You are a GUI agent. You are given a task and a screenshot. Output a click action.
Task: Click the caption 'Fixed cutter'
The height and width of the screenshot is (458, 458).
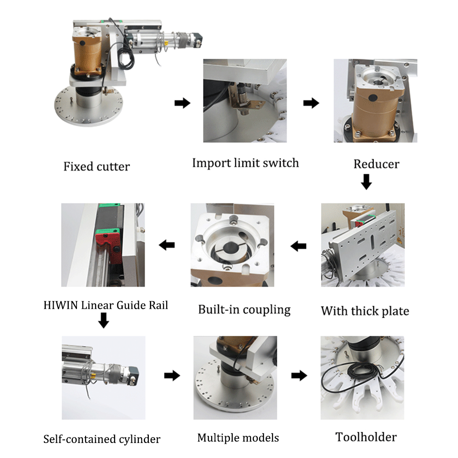96,166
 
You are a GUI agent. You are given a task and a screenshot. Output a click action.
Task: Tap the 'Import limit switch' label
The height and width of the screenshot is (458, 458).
245,163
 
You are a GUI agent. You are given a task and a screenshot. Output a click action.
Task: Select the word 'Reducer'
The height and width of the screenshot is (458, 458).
376,164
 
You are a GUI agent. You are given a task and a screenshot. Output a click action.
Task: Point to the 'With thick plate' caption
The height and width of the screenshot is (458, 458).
365,311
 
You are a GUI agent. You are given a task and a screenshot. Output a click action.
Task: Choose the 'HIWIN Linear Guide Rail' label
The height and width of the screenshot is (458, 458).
106,305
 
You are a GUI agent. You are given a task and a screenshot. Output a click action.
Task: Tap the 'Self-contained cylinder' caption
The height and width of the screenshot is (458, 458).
102,439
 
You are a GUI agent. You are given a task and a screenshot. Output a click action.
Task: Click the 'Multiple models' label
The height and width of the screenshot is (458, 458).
238,438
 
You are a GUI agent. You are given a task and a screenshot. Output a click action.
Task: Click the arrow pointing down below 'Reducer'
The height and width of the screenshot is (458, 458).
366,183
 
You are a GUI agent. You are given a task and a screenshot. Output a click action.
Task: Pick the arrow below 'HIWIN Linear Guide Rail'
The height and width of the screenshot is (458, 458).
104,321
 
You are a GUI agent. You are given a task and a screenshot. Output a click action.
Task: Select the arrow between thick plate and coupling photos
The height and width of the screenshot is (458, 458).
299,246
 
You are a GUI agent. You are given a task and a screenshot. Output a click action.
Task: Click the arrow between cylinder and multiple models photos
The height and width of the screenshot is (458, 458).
172,376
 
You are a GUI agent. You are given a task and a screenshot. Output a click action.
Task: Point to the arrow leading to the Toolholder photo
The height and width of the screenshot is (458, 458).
299,376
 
